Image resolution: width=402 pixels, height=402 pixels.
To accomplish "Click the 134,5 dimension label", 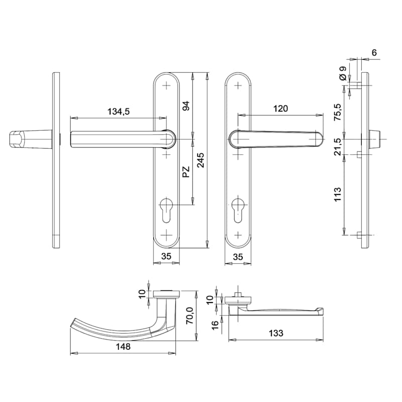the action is [x=119, y=112].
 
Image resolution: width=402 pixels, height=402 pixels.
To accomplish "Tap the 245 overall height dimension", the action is [x=200, y=160].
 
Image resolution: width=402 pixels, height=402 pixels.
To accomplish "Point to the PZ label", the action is [x=186, y=172].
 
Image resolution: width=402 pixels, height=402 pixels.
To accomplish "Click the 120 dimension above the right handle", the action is [x=280, y=109].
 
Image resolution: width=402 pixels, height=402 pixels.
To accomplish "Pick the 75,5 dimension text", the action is [x=338, y=112].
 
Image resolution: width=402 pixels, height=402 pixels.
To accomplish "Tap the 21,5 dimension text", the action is [x=338, y=146].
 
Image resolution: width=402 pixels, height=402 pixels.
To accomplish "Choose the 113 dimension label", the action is [x=338, y=194].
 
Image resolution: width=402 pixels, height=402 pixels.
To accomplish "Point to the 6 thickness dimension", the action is [x=374, y=53].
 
